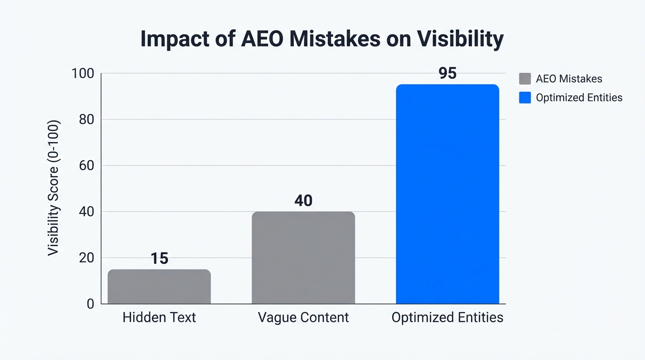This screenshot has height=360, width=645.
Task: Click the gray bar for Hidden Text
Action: [159, 286]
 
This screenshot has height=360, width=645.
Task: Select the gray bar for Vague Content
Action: [303, 257]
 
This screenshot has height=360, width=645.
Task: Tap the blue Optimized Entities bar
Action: [447, 194]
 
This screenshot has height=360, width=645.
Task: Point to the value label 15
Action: [159, 259]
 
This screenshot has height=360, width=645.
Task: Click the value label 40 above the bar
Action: [303, 201]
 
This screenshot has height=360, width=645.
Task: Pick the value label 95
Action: [447, 74]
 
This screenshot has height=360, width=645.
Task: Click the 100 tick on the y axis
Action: [82, 74]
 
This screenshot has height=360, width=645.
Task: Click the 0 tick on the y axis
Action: [90, 304]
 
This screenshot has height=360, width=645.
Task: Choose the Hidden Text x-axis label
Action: [159, 317]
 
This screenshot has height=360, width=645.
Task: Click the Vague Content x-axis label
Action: [303, 317]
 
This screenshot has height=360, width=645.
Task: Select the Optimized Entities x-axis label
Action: [447, 317]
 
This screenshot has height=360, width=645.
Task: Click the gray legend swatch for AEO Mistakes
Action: [525, 79]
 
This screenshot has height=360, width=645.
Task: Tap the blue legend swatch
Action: [525, 97]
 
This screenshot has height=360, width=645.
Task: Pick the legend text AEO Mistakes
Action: [569, 79]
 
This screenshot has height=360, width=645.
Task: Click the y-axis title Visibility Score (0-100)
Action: [54, 188]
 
